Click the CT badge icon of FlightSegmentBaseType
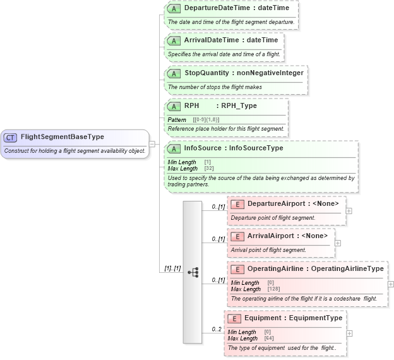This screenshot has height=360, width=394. pos(11,137)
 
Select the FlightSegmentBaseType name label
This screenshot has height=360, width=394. pos(62,137)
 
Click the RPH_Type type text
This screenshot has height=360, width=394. pos(239,106)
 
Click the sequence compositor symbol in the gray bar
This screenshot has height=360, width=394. pos(193,272)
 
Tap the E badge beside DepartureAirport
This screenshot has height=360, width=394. pos(237,204)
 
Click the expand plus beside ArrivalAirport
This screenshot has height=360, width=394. pos(338,243)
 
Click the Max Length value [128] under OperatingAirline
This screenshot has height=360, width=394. pos(273,289)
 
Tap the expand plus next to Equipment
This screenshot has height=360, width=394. pos(350,333)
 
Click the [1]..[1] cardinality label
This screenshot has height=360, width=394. pos(172,268)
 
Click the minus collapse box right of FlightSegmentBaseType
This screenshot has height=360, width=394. pos(152,144)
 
